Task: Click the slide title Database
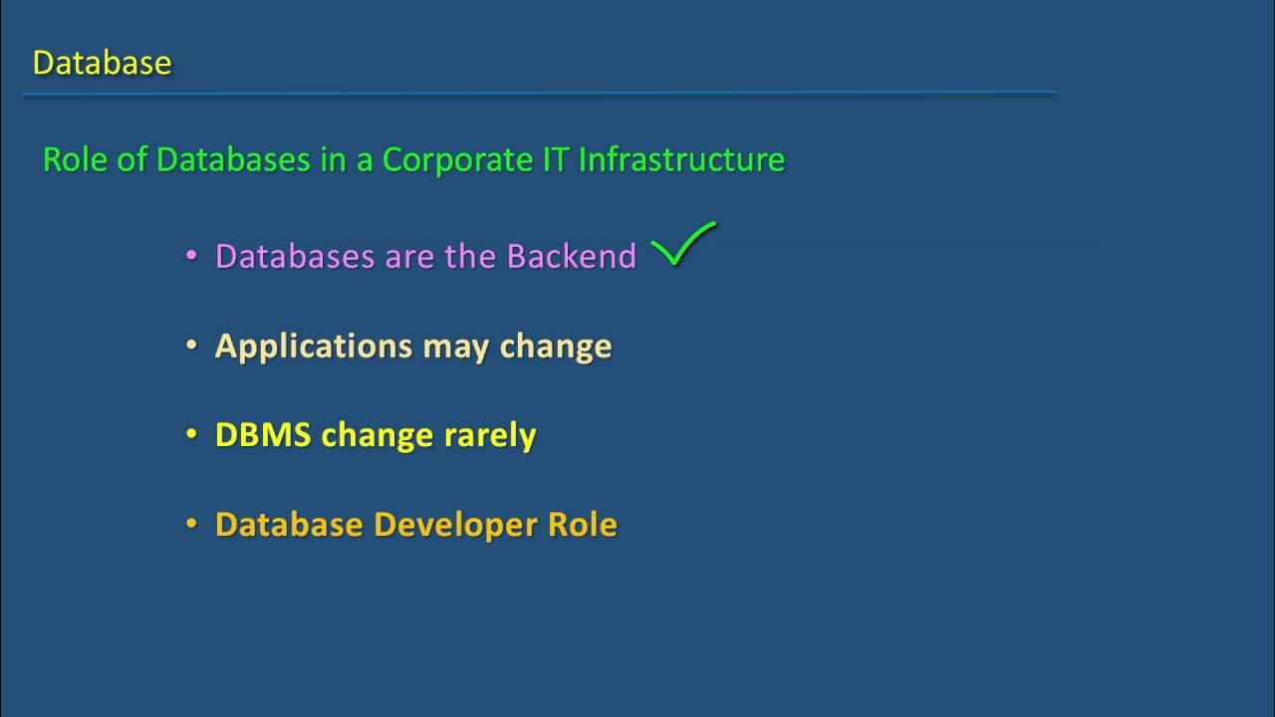[x=102, y=63]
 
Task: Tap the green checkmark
[x=683, y=245]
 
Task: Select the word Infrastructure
[x=681, y=159]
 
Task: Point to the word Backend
[x=571, y=256]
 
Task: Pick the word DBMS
[x=263, y=435]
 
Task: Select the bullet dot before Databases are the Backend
[x=192, y=256]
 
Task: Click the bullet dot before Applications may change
[x=192, y=346]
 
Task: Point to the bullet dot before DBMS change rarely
[x=192, y=435]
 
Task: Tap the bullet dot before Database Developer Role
[x=192, y=525]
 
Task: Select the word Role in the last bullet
[x=583, y=525]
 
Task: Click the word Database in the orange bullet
[x=289, y=525]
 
